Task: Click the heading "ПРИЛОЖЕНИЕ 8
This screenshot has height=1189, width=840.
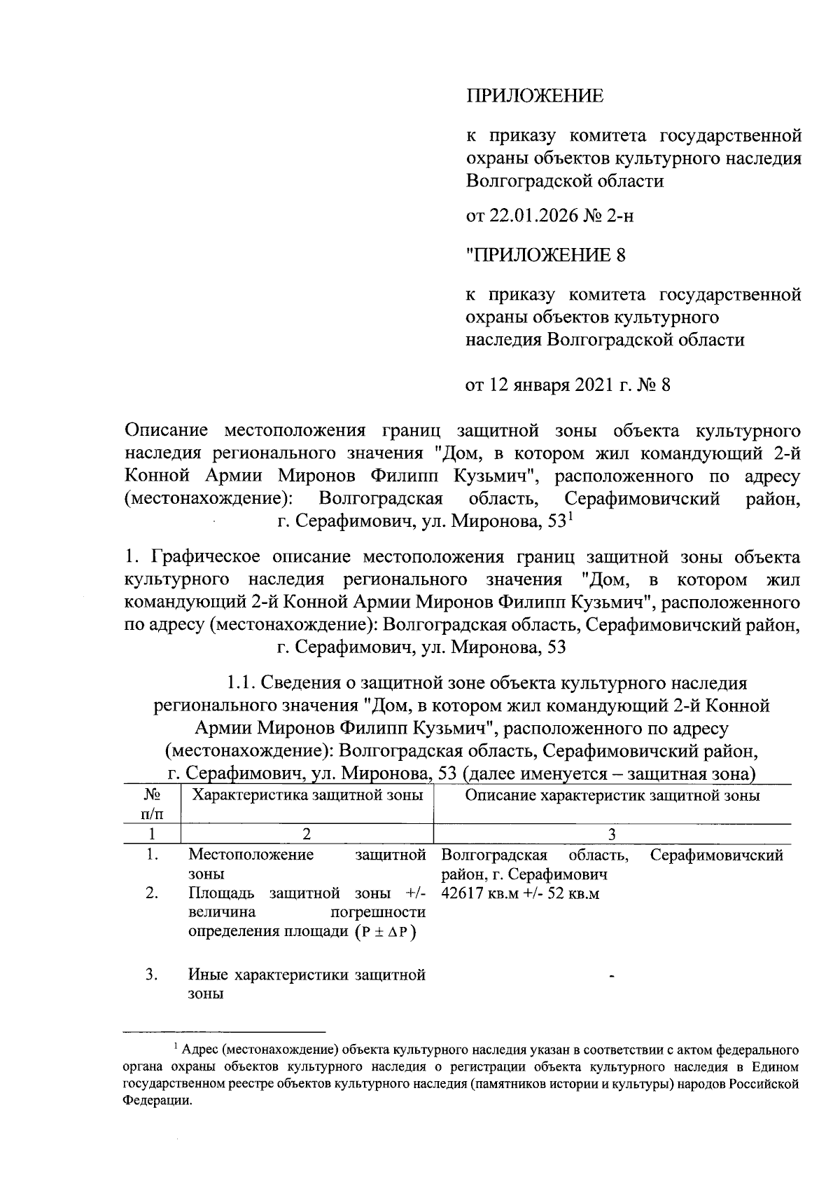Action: tap(546, 255)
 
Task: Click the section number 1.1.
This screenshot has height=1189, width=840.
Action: tap(241, 682)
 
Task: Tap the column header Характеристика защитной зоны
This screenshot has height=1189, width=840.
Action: tap(307, 795)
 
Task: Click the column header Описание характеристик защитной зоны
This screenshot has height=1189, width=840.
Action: tap(612, 795)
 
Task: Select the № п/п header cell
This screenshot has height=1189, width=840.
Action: tap(152, 804)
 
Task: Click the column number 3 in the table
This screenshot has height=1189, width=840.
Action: tap(612, 834)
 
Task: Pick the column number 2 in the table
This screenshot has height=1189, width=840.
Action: tap(307, 834)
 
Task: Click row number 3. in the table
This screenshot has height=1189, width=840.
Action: tap(151, 974)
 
